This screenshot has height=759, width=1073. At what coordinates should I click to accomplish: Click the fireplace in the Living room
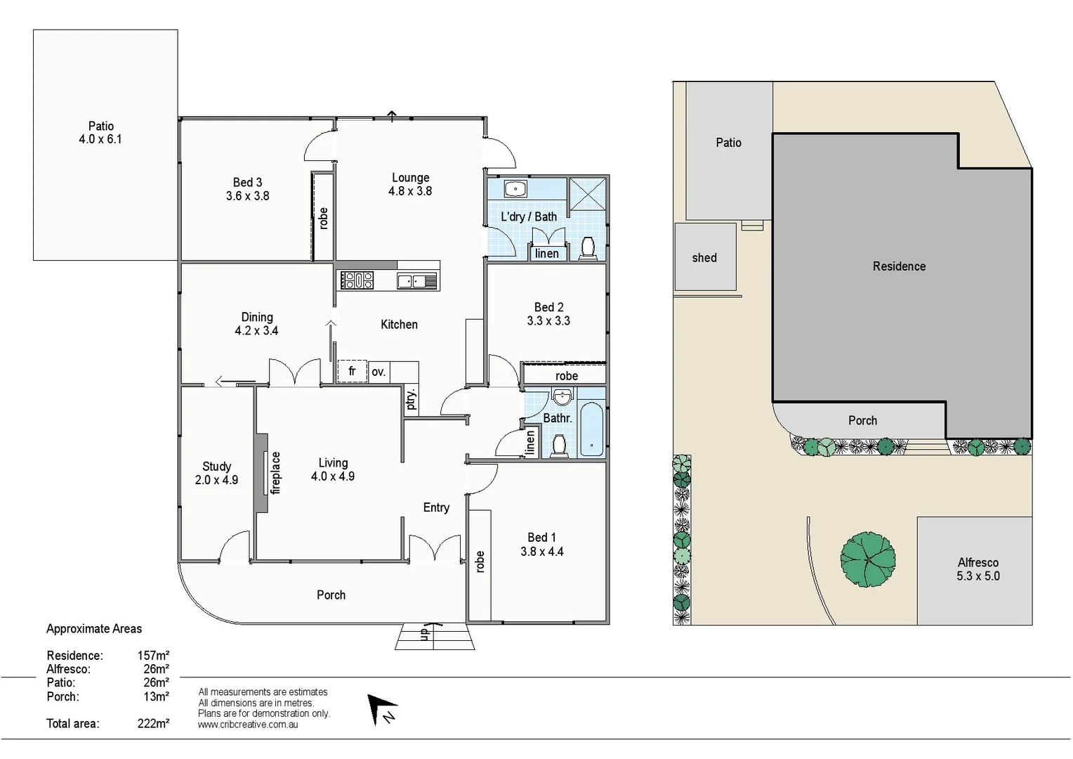tap(262, 474)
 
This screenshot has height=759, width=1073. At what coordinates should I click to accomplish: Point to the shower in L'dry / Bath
tap(586, 193)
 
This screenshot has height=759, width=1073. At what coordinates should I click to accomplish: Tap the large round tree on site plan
tap(868, 559)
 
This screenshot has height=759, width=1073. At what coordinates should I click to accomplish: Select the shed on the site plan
tap(705, 257)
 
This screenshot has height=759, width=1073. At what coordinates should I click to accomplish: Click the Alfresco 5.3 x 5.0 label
tap(977, 569)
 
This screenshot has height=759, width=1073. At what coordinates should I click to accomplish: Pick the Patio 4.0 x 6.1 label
tap(100, 133)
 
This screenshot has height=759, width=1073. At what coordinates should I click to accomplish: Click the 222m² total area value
tap(153, 723)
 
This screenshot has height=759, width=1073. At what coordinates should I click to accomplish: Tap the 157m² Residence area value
tap(153, 656)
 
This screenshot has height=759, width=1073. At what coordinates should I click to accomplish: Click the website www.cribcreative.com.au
tap(248, 725)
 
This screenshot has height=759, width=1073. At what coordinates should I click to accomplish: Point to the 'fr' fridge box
tap(352, 371)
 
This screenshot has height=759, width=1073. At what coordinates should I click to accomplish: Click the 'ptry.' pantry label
tap(412, 398)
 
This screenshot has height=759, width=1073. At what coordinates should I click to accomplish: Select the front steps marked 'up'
tap(435, 636)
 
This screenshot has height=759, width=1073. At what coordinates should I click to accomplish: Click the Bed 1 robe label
tap(480, 562)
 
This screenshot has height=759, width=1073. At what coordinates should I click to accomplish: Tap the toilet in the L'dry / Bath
tap(588, 247)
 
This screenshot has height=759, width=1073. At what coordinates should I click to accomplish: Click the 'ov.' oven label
tap(378, 372)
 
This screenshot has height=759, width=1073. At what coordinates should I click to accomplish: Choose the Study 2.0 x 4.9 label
tap(216, 473)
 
